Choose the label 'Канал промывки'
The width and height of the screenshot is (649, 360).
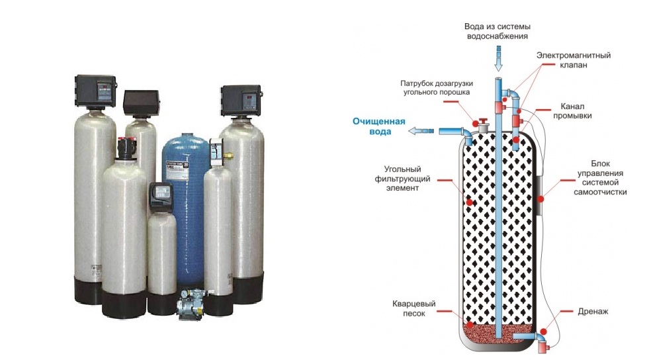(x=576, y=111)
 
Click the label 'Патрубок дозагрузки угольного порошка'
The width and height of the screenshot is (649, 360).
(x=435, y=89)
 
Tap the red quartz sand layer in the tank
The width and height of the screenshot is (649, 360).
(x=496, y=330)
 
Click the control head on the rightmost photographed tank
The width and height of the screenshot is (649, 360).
(x=240, y=100)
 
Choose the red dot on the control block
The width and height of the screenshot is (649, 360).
(x=541, y=197)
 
